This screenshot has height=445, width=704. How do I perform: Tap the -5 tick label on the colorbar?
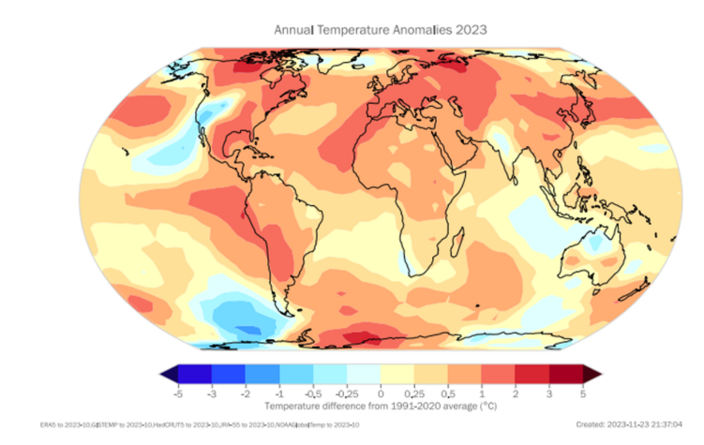(x=177, y=393)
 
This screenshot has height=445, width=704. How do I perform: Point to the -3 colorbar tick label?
(x=211, y=393)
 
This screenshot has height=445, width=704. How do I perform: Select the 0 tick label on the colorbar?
(x=381, y=393)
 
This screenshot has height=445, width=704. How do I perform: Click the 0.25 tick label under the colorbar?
(x=414, y=393)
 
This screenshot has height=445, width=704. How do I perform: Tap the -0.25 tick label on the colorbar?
(x=346, y=393)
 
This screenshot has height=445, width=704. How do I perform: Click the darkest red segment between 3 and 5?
(x=566, y=373)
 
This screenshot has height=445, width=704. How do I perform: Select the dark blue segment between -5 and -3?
(x=194, y=373)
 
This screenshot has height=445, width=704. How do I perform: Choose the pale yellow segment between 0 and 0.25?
(x=397, y=373)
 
